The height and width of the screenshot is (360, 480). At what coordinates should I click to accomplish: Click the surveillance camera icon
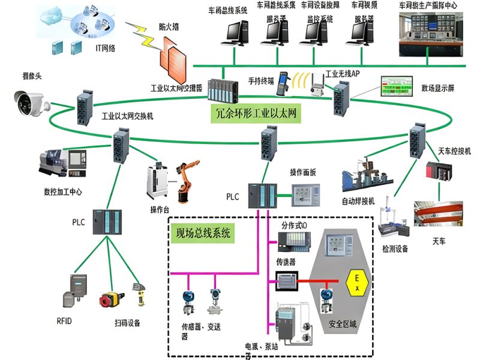point(32,103)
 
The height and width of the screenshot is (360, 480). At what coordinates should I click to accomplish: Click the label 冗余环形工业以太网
point(257,112)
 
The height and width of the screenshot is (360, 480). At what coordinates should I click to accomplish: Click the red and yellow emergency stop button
point(110,298)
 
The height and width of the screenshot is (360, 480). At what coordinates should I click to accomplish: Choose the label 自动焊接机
point(358,200)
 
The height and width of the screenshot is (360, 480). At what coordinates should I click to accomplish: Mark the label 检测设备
point(395,248)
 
